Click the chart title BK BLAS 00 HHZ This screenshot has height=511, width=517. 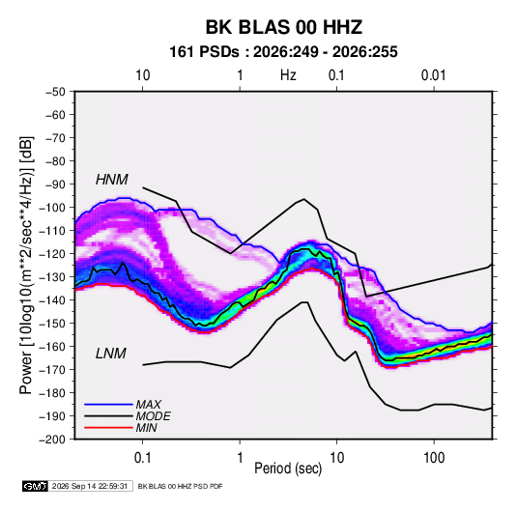tap(284, 27)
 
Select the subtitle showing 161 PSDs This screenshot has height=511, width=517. tap(283, 52)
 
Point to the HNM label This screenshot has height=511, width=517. tap(112, 180)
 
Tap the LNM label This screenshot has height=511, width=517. tap(111, 354)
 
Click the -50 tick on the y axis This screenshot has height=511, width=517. tap(55, 92)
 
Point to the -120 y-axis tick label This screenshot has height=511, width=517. tap(52, 254)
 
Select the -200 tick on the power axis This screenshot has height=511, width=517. tap(52, 440)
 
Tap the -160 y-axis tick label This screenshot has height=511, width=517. tap(52, 347)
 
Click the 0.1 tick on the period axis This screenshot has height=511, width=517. tap(142, 458)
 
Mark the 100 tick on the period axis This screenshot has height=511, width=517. tap(434, 458)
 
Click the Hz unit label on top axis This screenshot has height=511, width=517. tap(288, 75)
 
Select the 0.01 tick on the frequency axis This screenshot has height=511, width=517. tap(434, 75)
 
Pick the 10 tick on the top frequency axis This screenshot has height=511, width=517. tap(143, 75)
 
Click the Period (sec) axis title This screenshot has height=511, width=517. tap(288, 468)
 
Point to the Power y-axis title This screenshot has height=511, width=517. tap(26, 265)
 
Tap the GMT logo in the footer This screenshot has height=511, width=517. tap(36, 486)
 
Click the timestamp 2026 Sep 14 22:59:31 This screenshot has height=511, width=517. tap(90, 486)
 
